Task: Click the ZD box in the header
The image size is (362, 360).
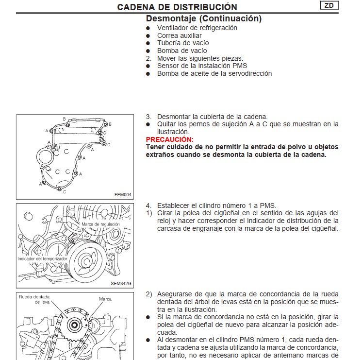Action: tap(329, 5)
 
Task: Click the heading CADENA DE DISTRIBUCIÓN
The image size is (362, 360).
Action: tap(177, 7)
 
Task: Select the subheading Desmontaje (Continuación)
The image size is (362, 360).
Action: tap(204, 18)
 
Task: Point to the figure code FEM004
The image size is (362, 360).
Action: tap(123, 194)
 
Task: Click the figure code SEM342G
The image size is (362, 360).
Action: tap(121, 283)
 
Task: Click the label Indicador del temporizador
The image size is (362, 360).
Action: tap(42, 259)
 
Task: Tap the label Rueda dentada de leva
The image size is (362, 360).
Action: tap(37, 299)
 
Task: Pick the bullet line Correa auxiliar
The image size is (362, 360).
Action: tap(179, 35)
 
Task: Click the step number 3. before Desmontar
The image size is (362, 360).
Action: tap(149, 117)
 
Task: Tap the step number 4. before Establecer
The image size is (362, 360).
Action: tap(149, 205)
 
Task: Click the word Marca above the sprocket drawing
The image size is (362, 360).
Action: tap(105, 299)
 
